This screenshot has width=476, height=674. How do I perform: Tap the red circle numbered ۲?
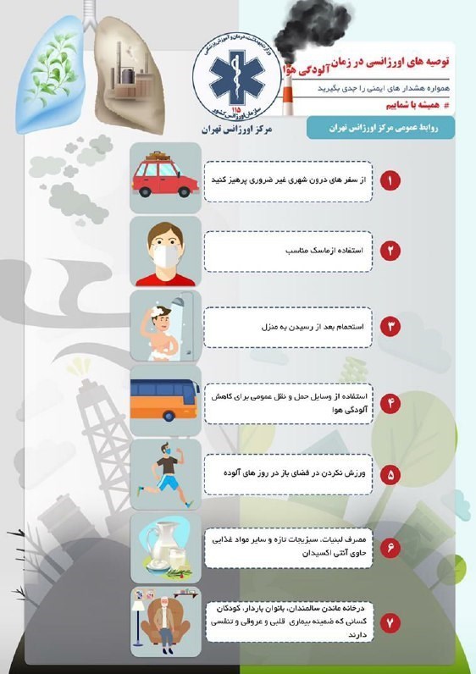click(x=390, y=251)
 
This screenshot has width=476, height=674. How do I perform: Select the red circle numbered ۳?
click(x=390, y=325)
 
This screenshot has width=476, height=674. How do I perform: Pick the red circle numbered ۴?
click(x=390, y=401)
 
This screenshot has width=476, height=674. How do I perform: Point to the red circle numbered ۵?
click(x=390, y=475)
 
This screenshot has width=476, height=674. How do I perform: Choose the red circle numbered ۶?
click(x=390, y=548)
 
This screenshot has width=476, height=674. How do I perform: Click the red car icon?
click(x=166, y=176)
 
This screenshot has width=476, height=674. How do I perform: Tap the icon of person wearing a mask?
click(x=166, y=251)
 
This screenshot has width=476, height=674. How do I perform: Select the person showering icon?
click(x=166, y=325)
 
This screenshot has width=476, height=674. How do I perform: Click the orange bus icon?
click(x=166, y=401)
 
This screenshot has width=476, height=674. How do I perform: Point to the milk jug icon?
click(x=166, y=548)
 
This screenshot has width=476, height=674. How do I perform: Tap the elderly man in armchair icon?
click(x=166, y=622)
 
